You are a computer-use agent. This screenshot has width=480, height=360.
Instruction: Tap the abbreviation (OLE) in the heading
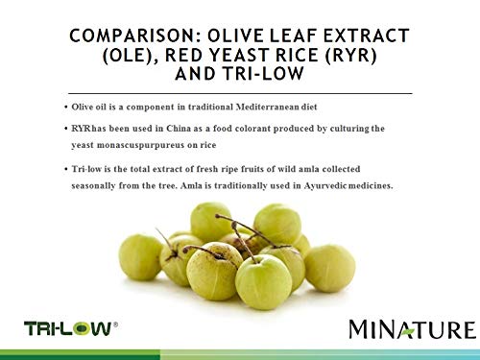[130, 55]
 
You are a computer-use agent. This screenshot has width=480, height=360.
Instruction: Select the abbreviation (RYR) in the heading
[351, 55]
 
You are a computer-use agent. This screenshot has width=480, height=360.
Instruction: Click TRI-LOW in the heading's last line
[263, 74]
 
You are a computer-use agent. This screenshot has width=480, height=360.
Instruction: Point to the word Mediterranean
[267, 107]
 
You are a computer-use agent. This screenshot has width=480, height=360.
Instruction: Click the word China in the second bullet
[179, 129]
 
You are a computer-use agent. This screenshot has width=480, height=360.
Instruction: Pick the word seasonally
[93, 186]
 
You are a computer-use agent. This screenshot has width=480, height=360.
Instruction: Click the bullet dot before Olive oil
[66, 108]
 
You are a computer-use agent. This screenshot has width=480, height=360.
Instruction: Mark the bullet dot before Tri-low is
[66, 169]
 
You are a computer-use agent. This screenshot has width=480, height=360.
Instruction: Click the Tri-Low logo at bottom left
[68, 329]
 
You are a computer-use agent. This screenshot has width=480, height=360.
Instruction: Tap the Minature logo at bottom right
[413, 329]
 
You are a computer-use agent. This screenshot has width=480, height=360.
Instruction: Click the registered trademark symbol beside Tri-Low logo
[115, 324]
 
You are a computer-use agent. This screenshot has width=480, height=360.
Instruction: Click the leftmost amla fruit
[140, 257]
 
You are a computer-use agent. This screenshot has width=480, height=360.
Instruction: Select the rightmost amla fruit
[329, 268]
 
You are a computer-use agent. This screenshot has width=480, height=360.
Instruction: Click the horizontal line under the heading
[240, 93]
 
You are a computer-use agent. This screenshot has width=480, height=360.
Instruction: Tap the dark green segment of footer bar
[80, 354]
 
